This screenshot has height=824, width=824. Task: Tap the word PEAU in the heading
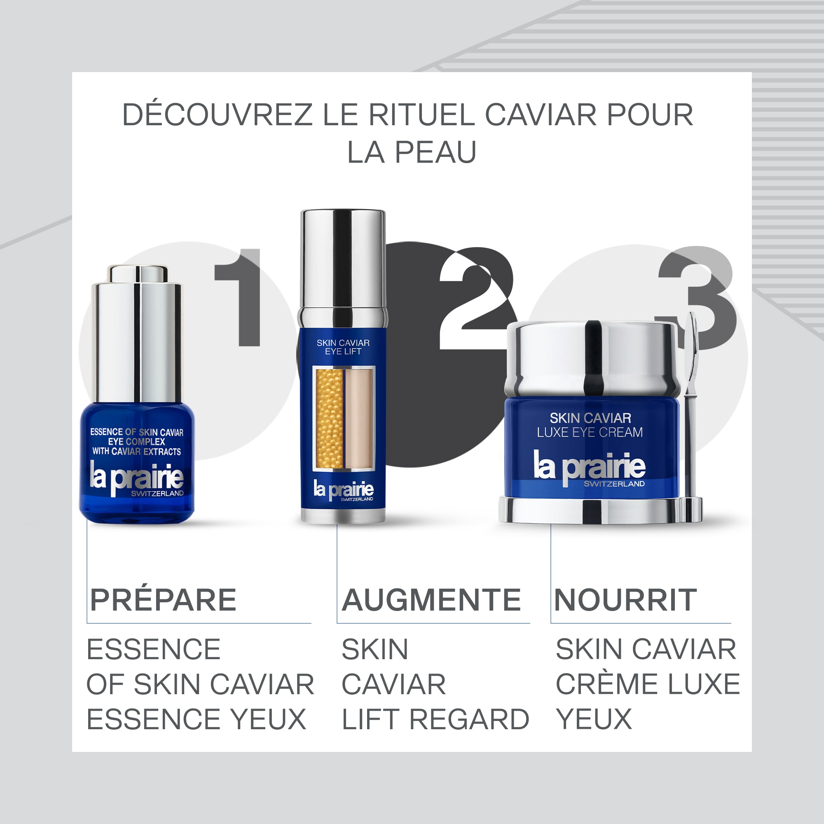point(435,152)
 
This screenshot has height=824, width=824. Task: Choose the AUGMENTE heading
point(431,600)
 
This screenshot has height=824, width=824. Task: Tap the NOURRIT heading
point(625,600)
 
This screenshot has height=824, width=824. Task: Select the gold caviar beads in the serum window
point(329,418)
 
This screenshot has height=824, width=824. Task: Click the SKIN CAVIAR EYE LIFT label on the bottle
point(343,347)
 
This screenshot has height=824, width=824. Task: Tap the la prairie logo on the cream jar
point(590,466)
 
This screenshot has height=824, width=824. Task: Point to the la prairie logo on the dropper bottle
point(136,478)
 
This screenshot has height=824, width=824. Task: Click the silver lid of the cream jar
point(591,358)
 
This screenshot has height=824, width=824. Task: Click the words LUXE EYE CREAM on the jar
point(590,433)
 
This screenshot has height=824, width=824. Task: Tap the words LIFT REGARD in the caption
point(435,719)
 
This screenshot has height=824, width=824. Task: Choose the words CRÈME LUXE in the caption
point(647,684)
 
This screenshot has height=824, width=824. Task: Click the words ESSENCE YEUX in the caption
point(196,719)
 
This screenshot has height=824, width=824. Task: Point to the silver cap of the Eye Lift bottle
point(343,260)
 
